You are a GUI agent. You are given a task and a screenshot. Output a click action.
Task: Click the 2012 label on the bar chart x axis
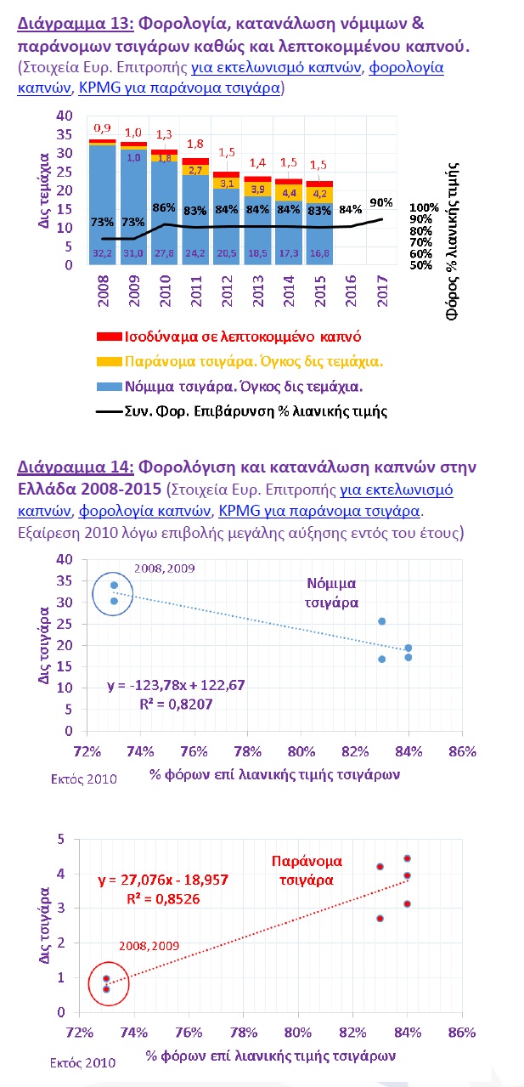coord(227,291)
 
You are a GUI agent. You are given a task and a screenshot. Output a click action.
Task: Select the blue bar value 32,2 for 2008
coord(102,253)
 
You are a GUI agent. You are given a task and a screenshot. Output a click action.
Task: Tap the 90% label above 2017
coord(381,202)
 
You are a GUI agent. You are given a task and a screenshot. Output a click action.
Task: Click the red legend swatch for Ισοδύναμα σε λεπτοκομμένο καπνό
coord(109,337)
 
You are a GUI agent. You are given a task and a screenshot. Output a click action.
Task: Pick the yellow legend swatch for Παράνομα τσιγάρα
coord(109,361)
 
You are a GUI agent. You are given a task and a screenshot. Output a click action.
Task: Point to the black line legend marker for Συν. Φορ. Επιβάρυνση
coord(109,411)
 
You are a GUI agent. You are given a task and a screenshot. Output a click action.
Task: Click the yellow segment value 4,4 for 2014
coord(289,193)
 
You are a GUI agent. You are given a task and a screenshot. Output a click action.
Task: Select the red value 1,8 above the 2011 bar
coord(195,144)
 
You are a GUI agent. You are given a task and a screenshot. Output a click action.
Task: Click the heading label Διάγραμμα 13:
coord(76,23)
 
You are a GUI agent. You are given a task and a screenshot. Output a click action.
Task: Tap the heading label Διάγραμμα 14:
coord(76,467)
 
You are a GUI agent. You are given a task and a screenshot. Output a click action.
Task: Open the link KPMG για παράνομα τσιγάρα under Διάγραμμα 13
coord(179,88)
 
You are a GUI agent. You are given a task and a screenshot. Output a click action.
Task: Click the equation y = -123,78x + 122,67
coord(176,685)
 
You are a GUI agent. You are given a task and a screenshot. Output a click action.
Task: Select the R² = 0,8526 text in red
coord(163,899)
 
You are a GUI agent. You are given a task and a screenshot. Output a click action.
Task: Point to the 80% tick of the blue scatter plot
coord(301,751)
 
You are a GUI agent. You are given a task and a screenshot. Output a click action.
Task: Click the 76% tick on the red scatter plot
coord(189,1033)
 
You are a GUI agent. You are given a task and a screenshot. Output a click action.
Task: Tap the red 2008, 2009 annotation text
coord(149,946)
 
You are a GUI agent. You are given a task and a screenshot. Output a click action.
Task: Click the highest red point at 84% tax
coord(407,859)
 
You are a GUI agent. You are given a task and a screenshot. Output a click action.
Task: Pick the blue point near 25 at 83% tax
coord(382,621)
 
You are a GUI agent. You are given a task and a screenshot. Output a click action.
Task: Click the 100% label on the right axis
coord(424,207)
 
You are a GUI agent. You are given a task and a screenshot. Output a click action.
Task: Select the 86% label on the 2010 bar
coord(164,207)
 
